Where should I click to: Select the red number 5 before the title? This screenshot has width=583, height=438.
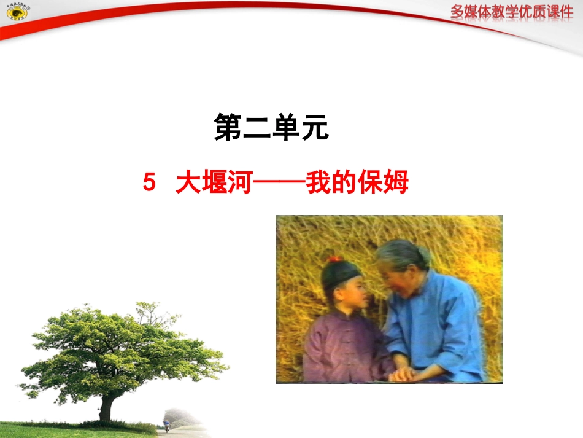click(149, 184)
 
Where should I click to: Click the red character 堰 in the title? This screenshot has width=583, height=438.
click(214, 184)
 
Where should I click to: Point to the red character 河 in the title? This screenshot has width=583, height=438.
click(239, 184)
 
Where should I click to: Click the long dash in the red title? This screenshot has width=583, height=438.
click(279, 184)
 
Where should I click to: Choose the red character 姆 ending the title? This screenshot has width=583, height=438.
click(395, 184)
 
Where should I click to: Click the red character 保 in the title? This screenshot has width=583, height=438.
click(369, 184)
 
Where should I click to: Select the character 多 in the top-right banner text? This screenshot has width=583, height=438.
click(458, 12)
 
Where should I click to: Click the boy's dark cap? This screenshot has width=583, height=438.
click(341, 274)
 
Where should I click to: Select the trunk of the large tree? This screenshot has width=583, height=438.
click(107, 405)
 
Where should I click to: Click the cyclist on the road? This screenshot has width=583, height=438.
click(166, 425)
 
